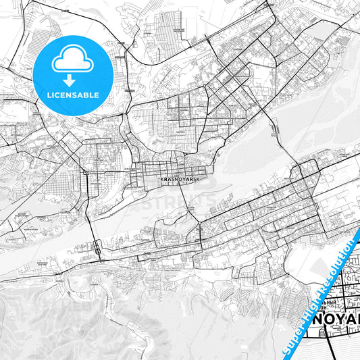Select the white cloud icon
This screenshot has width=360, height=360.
point(72,59)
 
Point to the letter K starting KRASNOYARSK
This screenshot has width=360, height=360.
point(163,180)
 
